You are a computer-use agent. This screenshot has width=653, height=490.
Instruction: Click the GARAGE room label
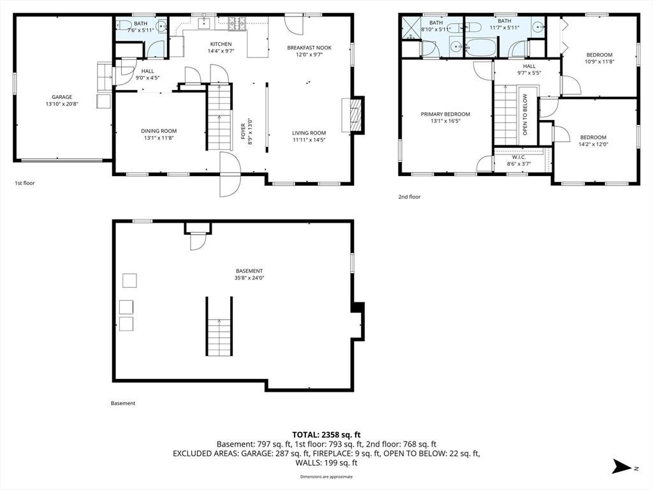pos(62,97)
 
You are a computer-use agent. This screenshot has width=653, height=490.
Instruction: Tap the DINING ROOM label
pos(159,131)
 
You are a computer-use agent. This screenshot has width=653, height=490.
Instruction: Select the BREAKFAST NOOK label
pos(309,47)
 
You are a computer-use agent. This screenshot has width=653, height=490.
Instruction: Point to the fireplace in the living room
pos(353,115)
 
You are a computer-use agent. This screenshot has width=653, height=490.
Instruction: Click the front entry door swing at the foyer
pos(230,174)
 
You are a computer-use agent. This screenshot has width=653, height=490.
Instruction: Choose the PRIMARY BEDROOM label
pos(445,114)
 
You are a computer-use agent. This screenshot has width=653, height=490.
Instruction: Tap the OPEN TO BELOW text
pos(525,114)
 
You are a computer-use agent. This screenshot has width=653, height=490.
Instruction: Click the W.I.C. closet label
pos(519,157)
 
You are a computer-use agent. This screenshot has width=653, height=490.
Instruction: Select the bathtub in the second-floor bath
pos(481,47)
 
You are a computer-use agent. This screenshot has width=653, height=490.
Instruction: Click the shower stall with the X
pos(410,27)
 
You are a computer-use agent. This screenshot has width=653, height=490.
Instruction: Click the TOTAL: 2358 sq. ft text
pos(326,435)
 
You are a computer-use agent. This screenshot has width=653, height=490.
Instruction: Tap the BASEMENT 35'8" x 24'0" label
pos(249,274)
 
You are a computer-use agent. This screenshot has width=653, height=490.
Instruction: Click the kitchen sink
pos(203,24)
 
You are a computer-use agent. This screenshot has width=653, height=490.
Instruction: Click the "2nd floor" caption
pos(409,197)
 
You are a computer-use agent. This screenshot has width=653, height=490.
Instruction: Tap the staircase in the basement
pos(219,326)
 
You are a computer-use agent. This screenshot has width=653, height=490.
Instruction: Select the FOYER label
pos(243,131)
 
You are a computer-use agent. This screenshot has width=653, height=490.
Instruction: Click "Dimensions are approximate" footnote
pos(326,477)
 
